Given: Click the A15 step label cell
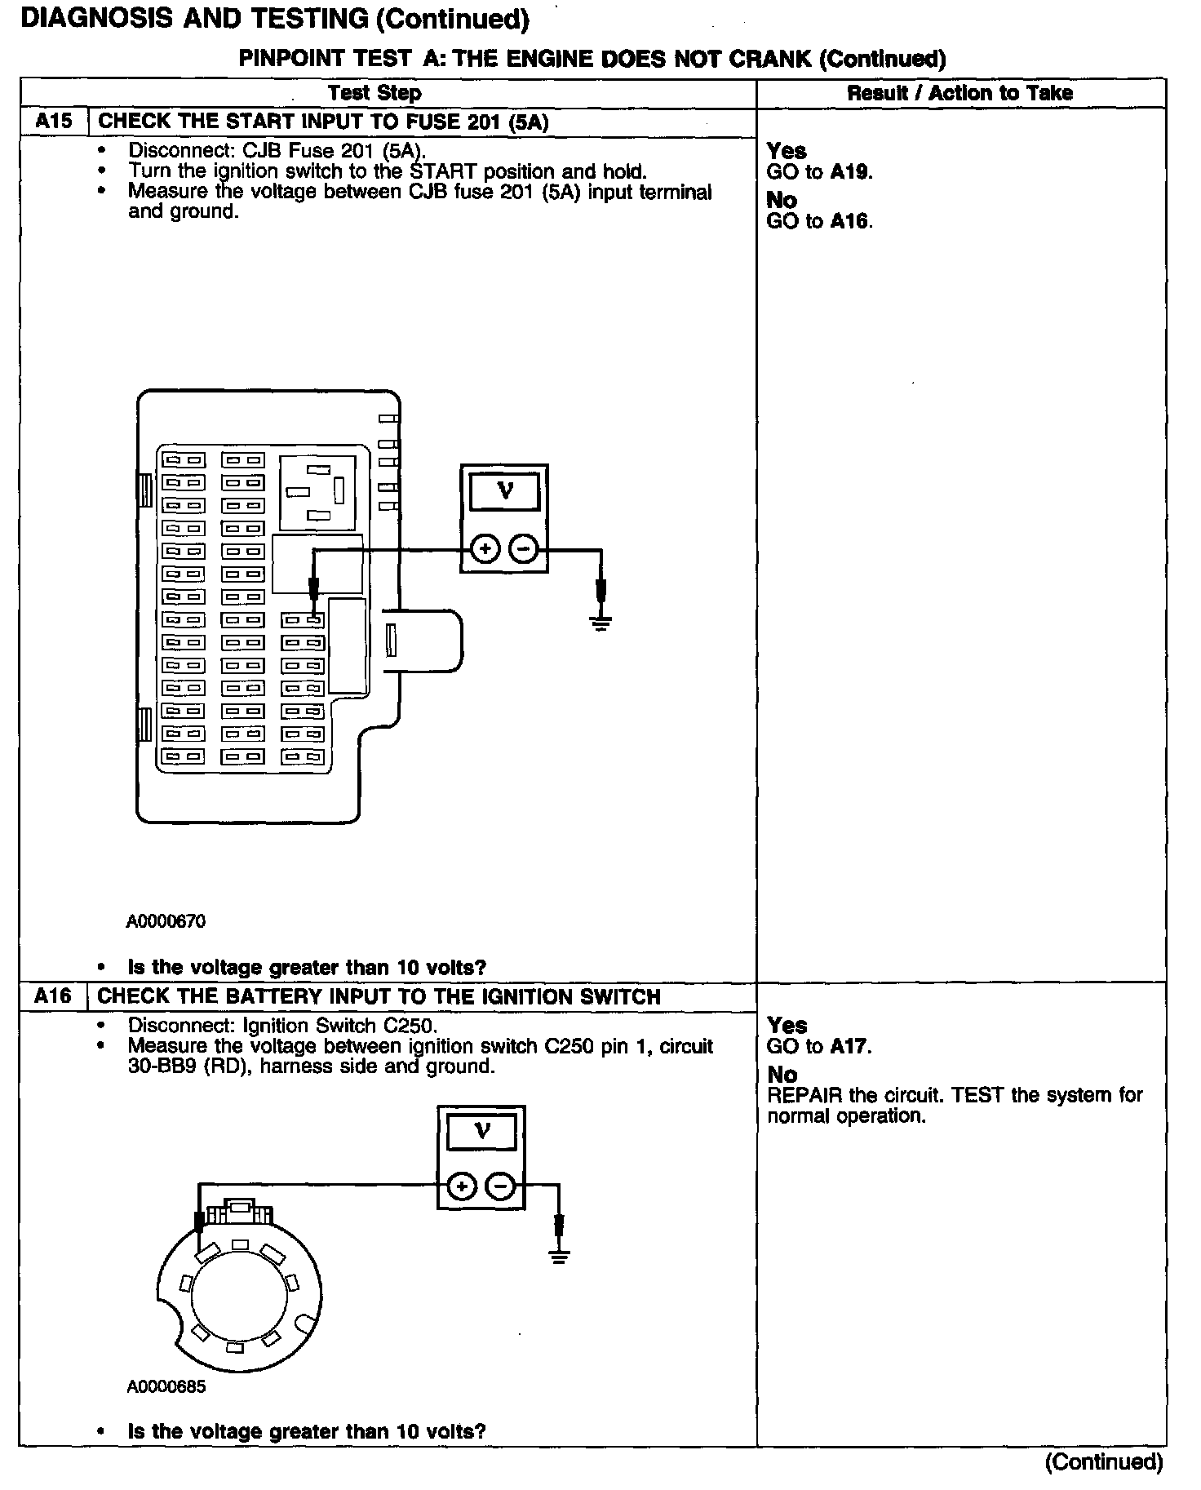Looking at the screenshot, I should tap(53, 122).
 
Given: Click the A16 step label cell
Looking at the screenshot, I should tap(53, 996).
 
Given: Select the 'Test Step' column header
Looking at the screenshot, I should tap(374, 93).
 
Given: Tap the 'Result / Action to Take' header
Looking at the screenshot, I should tap(959, 93).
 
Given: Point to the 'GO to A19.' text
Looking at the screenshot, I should tap(819, 172).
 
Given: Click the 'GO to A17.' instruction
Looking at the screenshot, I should tap(818, 1046).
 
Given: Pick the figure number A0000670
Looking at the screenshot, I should tap(166, 921).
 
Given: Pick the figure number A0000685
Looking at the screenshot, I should tap(166, 1386).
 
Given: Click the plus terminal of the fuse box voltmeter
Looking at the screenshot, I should tap(485, 549).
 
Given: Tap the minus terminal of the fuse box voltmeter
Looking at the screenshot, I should tap(524, 549).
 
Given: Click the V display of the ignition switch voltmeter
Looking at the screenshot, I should tap(482, 1132).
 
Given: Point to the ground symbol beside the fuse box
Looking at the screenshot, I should tap(601, 626).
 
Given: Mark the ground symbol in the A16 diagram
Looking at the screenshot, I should tap(559, 1257).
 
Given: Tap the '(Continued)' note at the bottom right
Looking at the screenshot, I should tap(1104, 1461).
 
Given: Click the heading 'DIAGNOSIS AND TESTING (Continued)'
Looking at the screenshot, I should tap(275, 20).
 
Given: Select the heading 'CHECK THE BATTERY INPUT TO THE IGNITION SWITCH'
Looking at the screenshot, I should tap(379, 996).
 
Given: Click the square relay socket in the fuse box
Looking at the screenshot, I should tap(318, 492).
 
